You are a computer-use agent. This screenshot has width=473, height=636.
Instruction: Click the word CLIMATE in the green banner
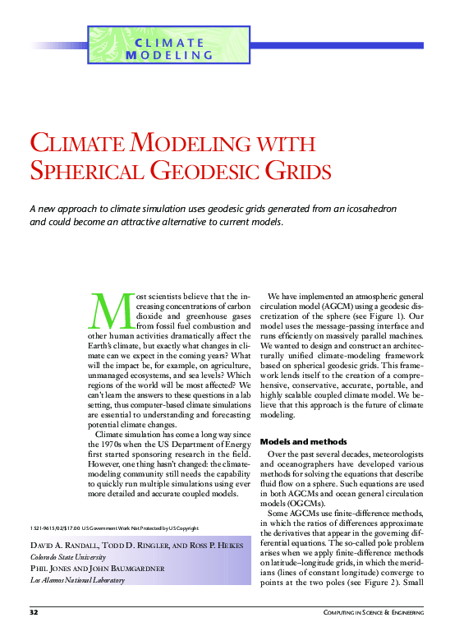point(169,43)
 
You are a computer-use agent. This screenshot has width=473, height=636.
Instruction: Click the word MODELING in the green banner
point(169,55)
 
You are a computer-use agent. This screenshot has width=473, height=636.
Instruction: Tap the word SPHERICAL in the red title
point(88,172)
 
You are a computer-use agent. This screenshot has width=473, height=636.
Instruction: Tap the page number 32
point(34,613)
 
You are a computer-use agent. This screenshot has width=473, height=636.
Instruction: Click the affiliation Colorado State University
point(67,556)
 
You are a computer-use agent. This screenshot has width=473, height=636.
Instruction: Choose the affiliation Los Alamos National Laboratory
point(77,580)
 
